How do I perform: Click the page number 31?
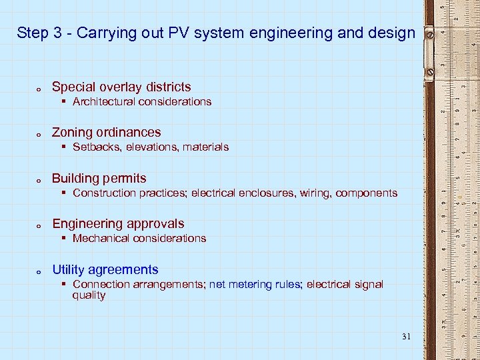(x=407, y=336)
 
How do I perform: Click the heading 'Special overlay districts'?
(x=121, y=87)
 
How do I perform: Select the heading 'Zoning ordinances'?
(x=107, y=132)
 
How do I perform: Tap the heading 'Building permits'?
(x=99, y=178)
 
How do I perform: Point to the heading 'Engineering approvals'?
(x=118, y=223)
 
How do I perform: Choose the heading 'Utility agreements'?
(x=105, y=269)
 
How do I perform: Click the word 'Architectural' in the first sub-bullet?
(x=103, y=101)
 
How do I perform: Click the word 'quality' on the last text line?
(x=89, y=295)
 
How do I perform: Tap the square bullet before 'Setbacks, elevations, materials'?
(x=63, y=147)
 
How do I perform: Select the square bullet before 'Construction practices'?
(x=63, y=193)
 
